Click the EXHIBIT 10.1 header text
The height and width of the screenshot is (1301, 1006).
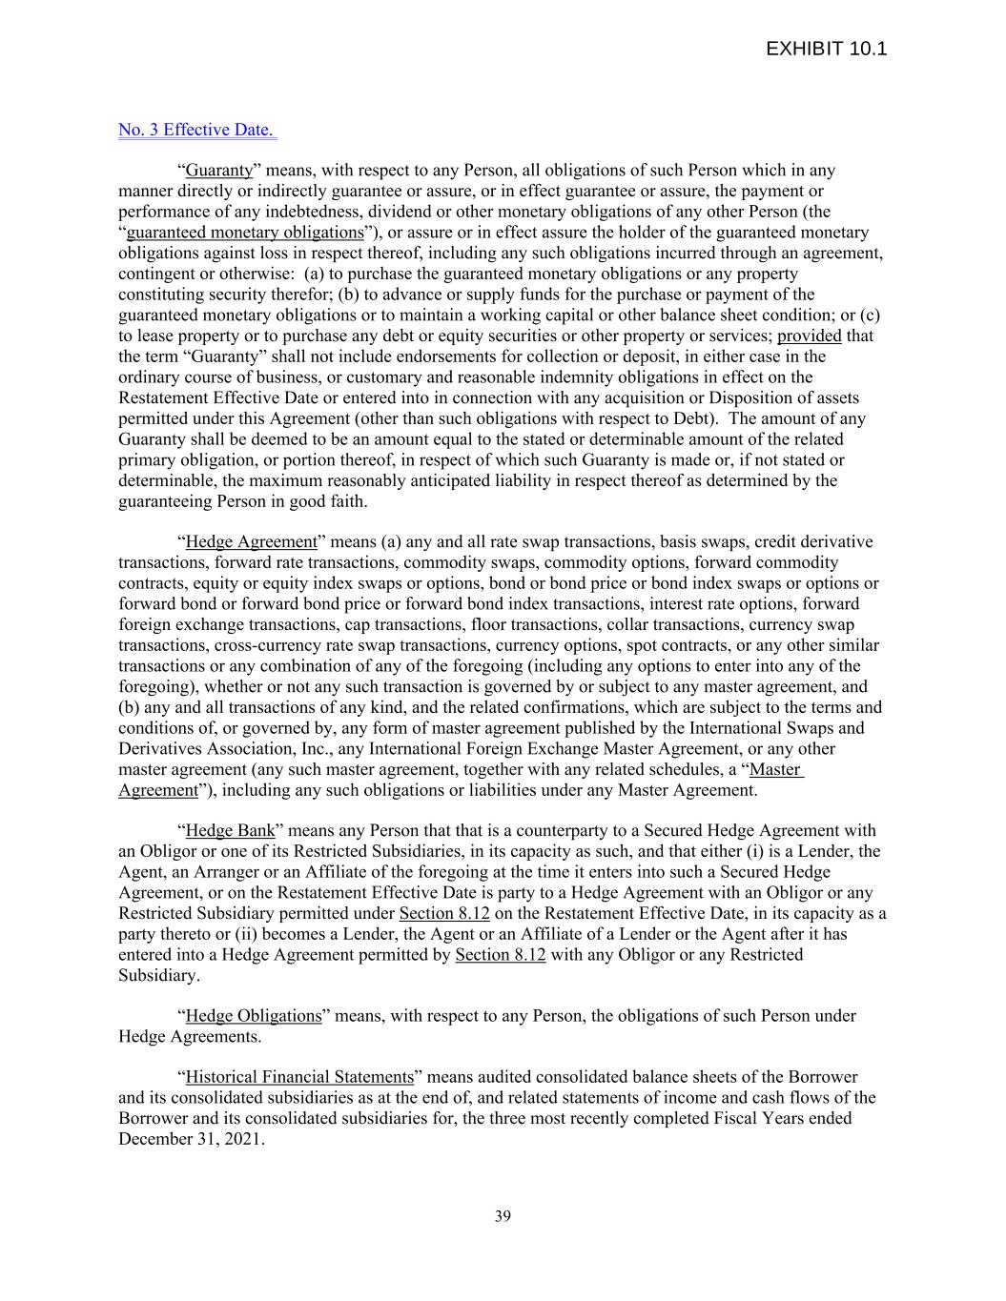(x=826, y=49)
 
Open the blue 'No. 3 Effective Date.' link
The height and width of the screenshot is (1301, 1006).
(x=196, y=130)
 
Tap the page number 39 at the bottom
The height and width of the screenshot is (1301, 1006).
(x=503, y=1215)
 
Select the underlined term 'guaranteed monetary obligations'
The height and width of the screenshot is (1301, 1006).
(x=245, y=233)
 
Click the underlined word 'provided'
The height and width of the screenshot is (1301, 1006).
(x=809, y=335)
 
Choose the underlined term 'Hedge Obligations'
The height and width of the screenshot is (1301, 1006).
(x=254, y=1016)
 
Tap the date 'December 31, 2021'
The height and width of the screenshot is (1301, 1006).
(x=189, y=1139)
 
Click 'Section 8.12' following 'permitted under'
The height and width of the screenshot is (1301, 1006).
(x=444, y=913)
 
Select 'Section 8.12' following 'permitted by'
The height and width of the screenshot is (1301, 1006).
(x=501, y=955)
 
